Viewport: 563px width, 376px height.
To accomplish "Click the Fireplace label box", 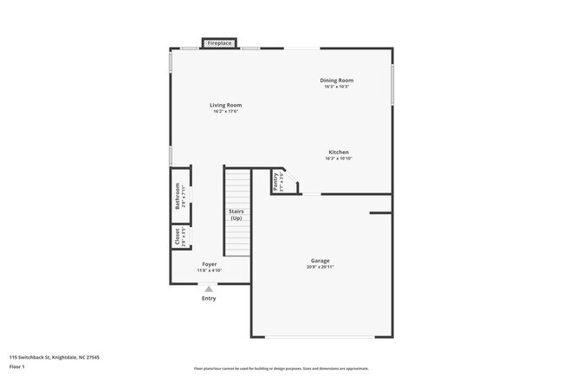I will click(x=219, y=42).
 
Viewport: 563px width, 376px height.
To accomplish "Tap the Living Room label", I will click(x=225, y=105).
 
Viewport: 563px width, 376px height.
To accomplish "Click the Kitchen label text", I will click(x=338, y=152).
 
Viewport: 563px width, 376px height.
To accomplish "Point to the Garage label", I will click(x=320, y=260).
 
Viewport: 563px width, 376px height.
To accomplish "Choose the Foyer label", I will click(x=210, y=263).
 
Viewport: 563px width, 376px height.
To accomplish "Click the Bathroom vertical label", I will click(x=178, y=197).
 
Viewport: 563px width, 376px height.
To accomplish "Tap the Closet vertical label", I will click(x=178, y=237).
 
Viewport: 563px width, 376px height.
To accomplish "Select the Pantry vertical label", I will click(x=275, y=181).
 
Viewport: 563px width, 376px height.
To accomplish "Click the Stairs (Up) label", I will click(x=236, y=215).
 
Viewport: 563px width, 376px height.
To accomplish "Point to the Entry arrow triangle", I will click(x=209, y=289).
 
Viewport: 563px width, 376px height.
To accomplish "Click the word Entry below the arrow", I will click(x=209, y=299).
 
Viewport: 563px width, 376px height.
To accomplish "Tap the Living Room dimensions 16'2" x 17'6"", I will click(x=225, y=112).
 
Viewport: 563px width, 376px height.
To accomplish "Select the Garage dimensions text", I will click(x=320, y=267).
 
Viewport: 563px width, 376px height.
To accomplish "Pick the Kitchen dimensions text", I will click(x=338, y=159).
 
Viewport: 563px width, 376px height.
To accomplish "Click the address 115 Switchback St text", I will click(x=55, y=356).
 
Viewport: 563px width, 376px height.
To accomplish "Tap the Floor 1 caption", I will click(x=18, y=367).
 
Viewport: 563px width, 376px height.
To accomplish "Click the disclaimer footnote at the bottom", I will click(x=281, y=368).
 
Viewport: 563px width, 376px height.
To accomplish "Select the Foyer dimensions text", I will click(x=210, y=270).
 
